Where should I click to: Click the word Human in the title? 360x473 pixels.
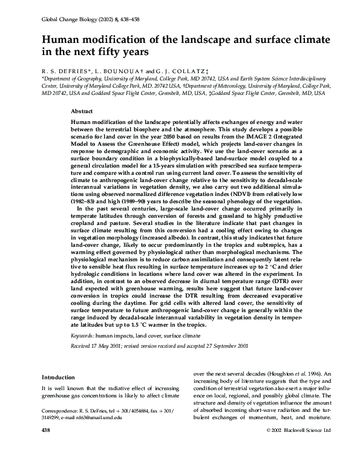pos(61,39)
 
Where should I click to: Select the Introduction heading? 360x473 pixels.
pos(59,376)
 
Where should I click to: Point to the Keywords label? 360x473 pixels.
pos(82,334)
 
